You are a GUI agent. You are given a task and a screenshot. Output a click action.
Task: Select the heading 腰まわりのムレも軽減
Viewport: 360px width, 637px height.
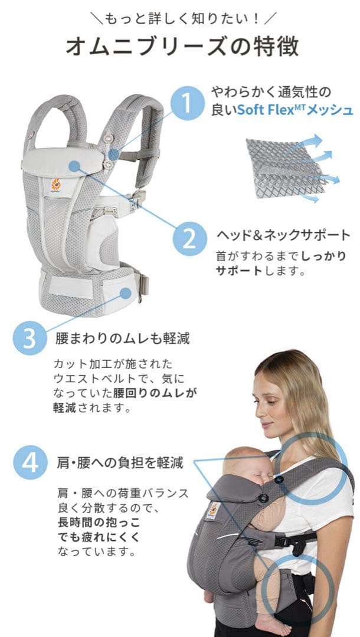pos(122,339)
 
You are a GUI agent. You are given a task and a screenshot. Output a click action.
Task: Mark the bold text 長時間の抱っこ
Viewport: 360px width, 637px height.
pos(92,522)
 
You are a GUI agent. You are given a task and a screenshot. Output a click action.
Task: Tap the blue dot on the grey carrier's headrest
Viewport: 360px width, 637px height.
pos(73,166)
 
